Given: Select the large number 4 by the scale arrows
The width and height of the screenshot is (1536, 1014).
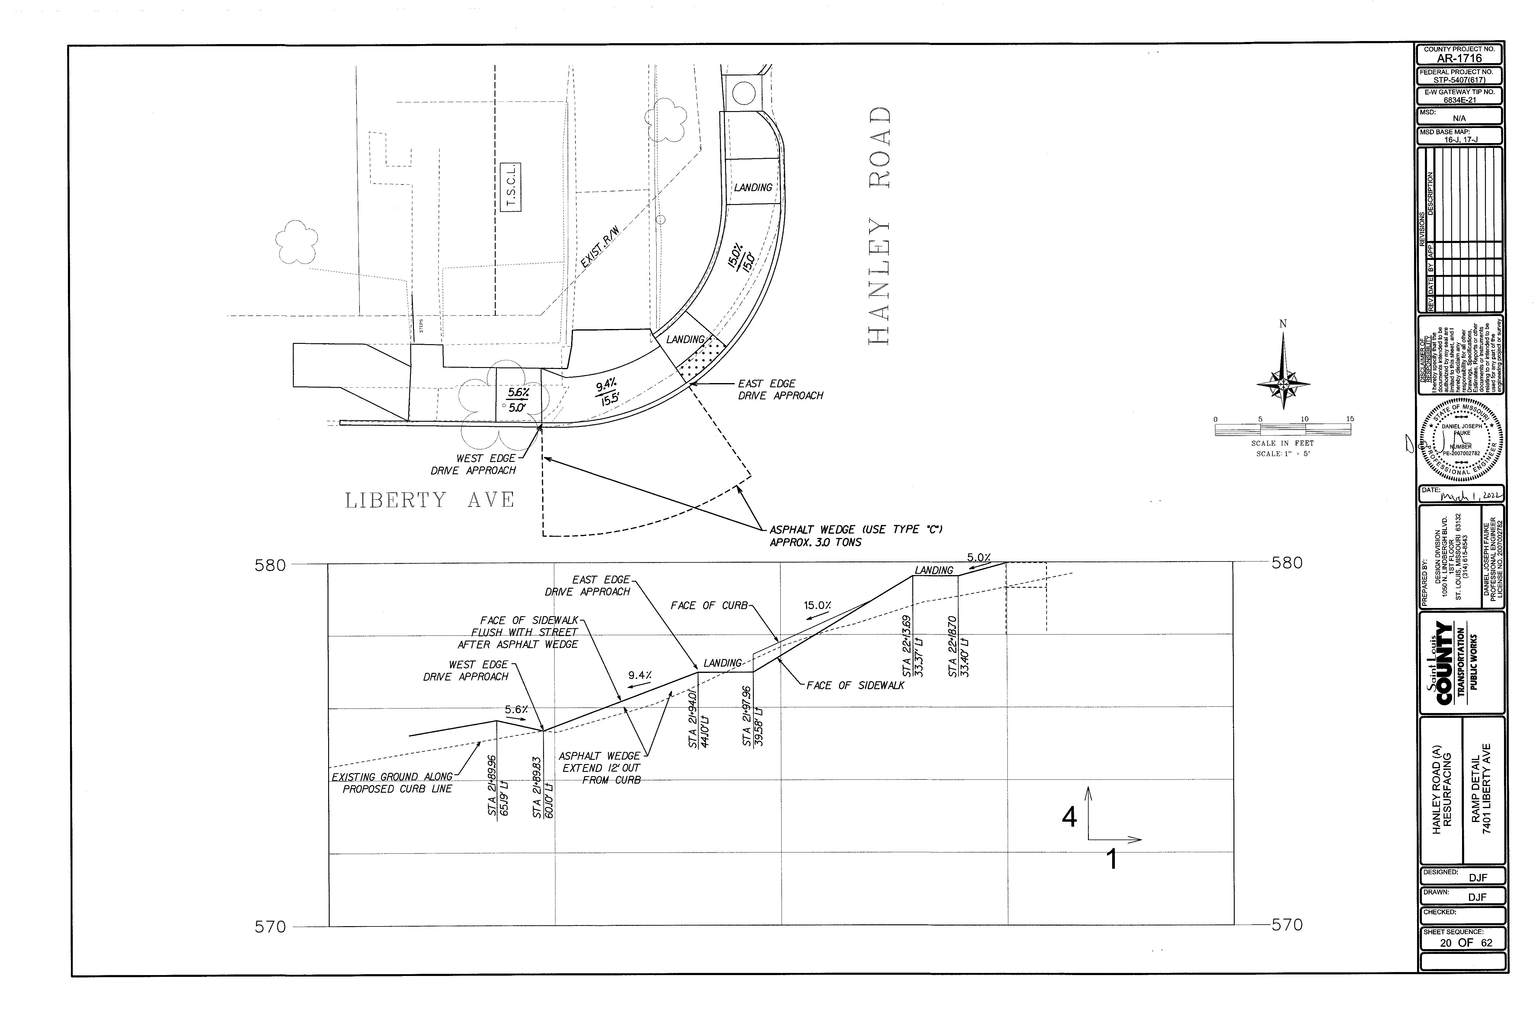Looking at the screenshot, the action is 1069,817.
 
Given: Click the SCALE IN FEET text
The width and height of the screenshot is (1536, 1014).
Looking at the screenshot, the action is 1282,443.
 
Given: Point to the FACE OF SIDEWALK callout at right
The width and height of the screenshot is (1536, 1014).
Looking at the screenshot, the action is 855,686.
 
